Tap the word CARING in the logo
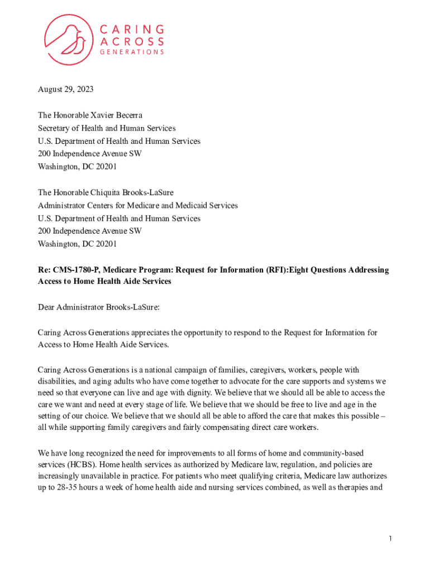[132, 29]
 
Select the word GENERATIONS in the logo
[132, 52]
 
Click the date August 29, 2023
[65, 90]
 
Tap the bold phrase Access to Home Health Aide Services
[104, 282]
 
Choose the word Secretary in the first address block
[54, 128]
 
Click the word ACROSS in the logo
[132, 41]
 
